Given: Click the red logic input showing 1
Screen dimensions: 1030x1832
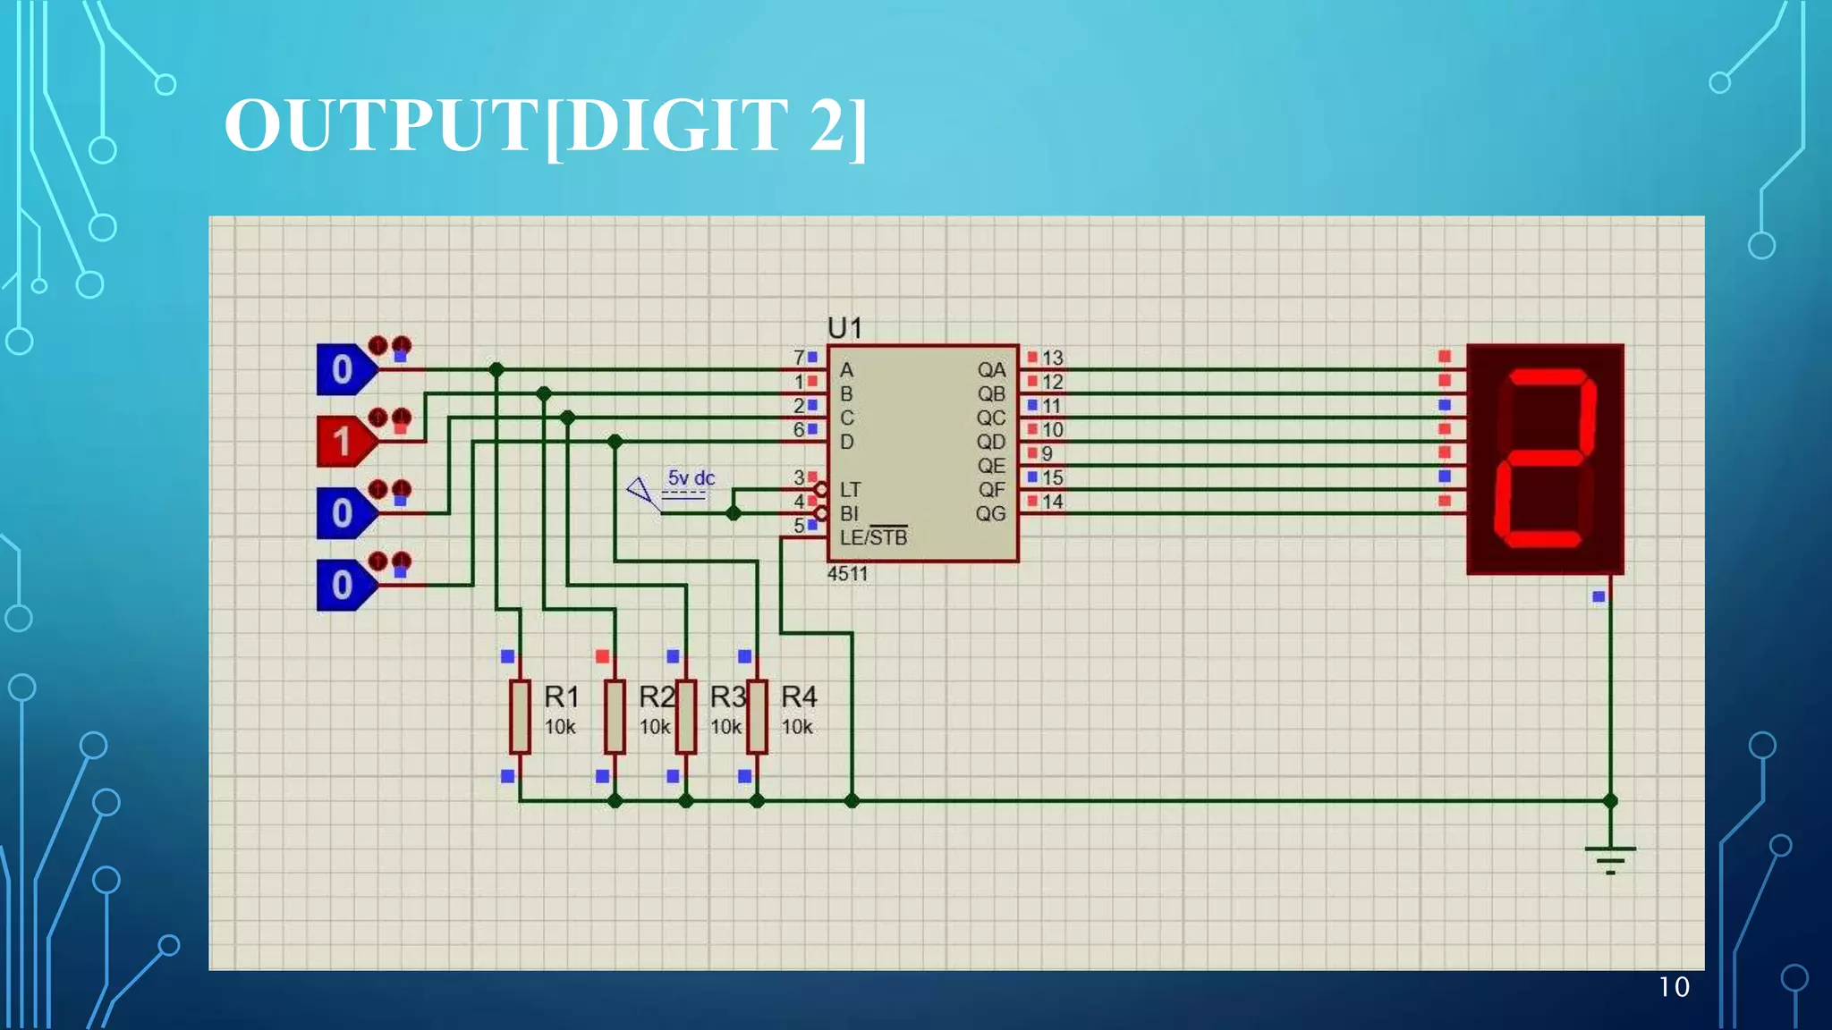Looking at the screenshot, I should [343, 442].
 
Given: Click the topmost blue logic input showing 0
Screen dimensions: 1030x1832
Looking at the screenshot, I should [343, 369].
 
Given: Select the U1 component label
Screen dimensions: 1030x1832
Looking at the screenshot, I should [844, 328].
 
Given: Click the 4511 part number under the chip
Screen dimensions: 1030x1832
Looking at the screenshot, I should [847, 574].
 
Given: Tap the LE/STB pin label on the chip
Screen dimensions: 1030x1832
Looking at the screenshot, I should [873, 537].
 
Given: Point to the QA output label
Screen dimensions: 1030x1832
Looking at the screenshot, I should [990, 370].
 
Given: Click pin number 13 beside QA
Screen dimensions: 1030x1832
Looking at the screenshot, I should [1052, 358].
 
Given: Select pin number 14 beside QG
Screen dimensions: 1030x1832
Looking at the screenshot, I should [1052, 502].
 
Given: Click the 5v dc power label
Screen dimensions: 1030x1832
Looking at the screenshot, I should [691, 478].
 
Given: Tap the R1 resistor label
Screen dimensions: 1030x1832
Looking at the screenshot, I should [562, 697].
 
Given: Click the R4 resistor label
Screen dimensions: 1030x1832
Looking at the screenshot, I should [799, 697].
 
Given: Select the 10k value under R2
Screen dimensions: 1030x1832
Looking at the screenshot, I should [655, 727].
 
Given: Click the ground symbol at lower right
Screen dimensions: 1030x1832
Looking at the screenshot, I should [1609, 858].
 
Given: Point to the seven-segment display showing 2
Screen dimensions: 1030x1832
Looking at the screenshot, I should [1545, 459].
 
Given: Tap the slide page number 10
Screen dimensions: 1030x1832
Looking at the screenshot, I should [1674, 987].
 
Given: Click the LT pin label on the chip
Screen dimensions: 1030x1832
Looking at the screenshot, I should [850, 490].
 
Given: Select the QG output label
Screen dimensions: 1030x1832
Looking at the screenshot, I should [990, 514].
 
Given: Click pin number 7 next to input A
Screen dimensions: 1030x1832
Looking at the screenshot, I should [799, 358].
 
